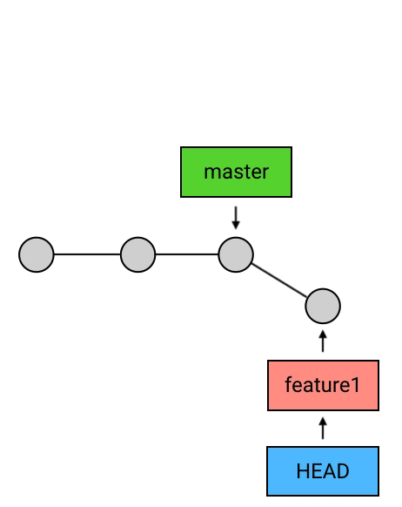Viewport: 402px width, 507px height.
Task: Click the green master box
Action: pyautogui.click(x=236, y=172)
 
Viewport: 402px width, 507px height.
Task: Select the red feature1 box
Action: pyautogui.click(x=323, y=385)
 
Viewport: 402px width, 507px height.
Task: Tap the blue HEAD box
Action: pyautogui.click(x=323, y=471)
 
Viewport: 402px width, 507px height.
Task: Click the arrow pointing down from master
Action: pyautogui.click(x=236, y=218)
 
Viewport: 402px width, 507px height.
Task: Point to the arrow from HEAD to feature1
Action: pyautogui.click(x=323, y=428)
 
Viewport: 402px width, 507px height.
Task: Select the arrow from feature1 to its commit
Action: pyautogui.click(x=323, y=341)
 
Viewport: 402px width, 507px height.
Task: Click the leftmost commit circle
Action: pyautogui.click(x=37, y=254)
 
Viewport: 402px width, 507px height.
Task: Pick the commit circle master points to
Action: pyautogui.click(x=236, y=254)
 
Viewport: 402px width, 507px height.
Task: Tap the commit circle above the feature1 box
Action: pyautogui.click(x=323, y=306)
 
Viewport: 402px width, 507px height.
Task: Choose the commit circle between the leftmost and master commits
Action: pyautogui.click(x=137, y=254)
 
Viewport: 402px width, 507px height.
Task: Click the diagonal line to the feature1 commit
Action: pyautogui.click(x=279, y=280)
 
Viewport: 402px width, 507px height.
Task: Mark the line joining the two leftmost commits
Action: pyautogui.click(x=87, y=254)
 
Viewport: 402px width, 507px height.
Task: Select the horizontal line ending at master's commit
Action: pyautogui.click(x=187, y=254)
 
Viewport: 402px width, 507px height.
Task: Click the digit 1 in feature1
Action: pyautogui.click(x=354, y=385)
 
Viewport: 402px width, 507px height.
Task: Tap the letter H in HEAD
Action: pyautogui.click(x=303, y=471)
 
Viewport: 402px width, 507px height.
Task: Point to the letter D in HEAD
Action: pyautogui.click(x=343, y=471)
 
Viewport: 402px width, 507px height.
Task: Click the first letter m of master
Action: pyautogui.click(x=212, y=173)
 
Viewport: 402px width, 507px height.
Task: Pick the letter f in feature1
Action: pyautogui.click(x=288, y=384)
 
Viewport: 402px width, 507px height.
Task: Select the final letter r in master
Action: pyautogui.click(x=265, y=173)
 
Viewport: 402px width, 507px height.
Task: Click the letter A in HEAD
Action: pyautogui.click(x=330, y=471)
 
